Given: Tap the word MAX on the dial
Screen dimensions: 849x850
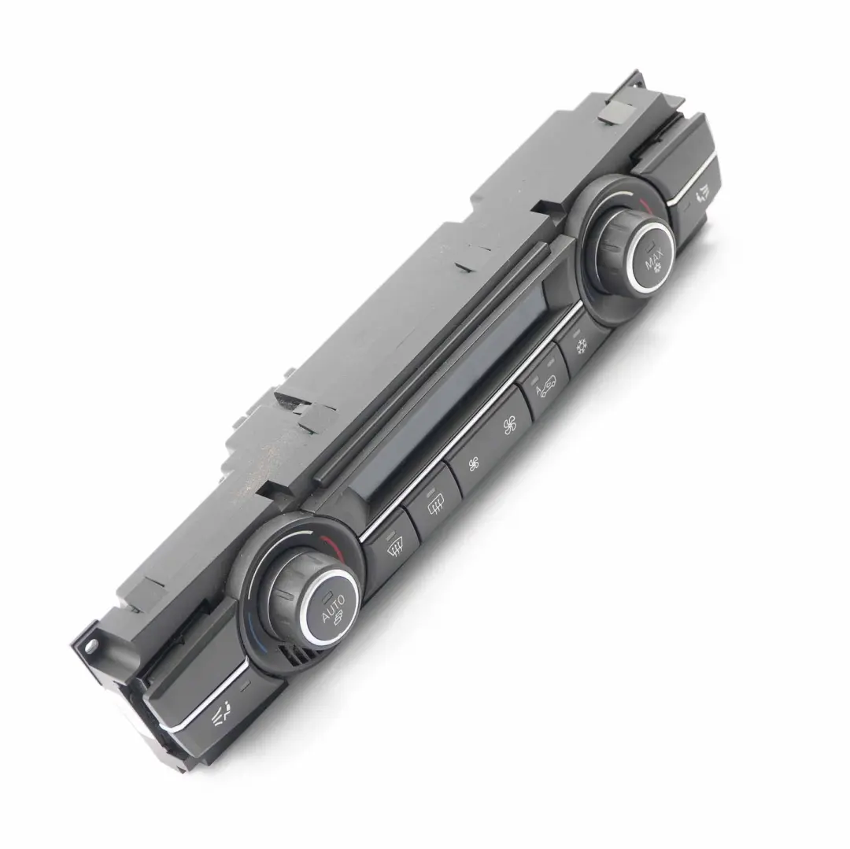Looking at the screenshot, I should [655, 256].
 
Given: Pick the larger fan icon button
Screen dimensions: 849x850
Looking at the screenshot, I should [509, 427].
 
